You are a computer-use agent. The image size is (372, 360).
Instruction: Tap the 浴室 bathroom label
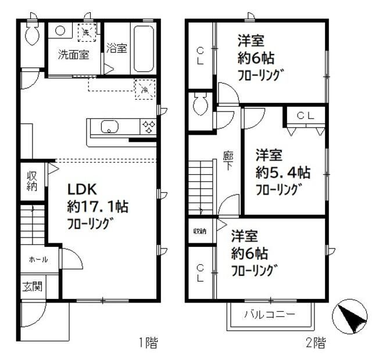tap(117, 49)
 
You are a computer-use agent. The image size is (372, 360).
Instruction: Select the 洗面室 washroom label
tap(73, 55)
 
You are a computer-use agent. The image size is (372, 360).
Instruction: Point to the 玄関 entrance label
tap(31, 287)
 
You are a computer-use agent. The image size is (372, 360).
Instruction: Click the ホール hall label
tap(38, 260)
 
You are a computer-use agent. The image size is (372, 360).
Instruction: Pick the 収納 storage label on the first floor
tap(32, 181)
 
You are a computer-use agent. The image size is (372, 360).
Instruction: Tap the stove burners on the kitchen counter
tap(148, 127)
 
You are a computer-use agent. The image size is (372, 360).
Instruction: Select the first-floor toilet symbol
tap(31, 34)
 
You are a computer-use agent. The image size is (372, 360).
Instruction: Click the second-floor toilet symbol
tap(201, 105)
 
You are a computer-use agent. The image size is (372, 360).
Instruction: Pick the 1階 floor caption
tap(148, 343)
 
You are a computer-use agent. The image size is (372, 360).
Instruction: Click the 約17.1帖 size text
tap(97, 206)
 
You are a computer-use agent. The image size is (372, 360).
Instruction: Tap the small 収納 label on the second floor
tap(200, 231)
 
